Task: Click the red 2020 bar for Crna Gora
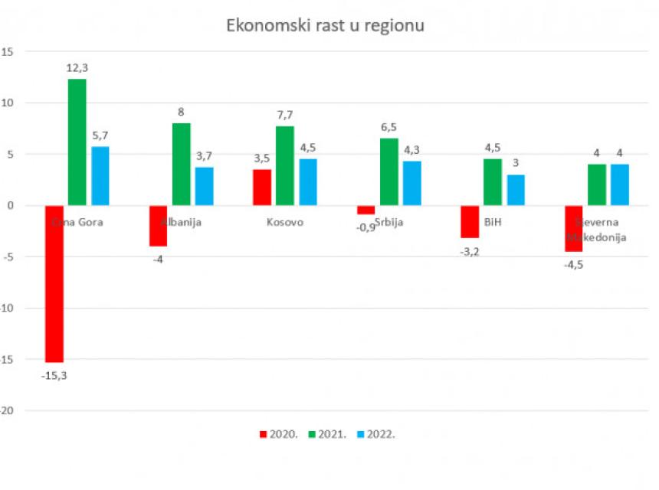54,283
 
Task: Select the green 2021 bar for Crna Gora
77,142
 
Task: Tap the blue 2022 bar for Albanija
204,186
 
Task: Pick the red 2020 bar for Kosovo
262,187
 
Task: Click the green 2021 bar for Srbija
389,171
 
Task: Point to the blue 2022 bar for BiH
516,190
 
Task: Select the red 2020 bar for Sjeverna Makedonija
574,228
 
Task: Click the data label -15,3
54,375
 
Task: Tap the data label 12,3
77,68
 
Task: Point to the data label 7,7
285,116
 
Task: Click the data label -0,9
366,227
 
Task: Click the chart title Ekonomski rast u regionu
325,25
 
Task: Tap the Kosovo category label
285,223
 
